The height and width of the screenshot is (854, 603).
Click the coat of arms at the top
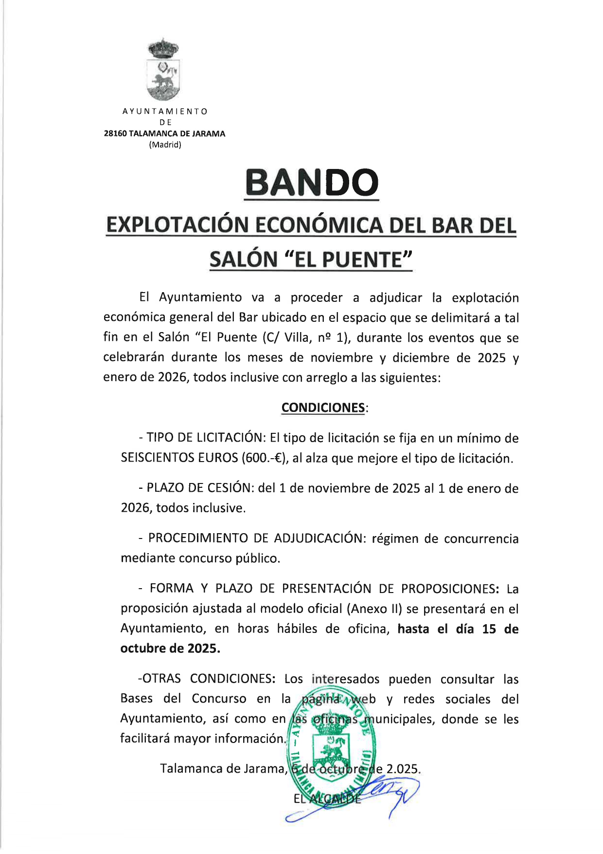pyautogui.click(x=163, y=71)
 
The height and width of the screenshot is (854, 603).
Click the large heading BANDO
pyautogui.click(x=311, y=183)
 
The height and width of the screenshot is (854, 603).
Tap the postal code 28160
pyautogui.click(x=115, y=134)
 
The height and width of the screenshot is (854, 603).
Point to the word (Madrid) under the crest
pyautogui.click(x=165, y=145)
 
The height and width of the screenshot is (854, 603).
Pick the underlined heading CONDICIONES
pyautogui.click(x=323, y=408)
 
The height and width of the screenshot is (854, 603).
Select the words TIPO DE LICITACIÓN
pyautogui.click(x=204, y=438)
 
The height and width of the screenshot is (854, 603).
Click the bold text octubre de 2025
pyautogui.click(x=170, y=649)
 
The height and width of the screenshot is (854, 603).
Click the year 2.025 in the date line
pyautogui.click(x=402, y=769)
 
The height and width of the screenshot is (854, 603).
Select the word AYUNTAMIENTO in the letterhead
pyautogui.click(x=165, y=111)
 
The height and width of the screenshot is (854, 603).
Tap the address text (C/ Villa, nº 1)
pyautogui.click(x=314, y=337)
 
